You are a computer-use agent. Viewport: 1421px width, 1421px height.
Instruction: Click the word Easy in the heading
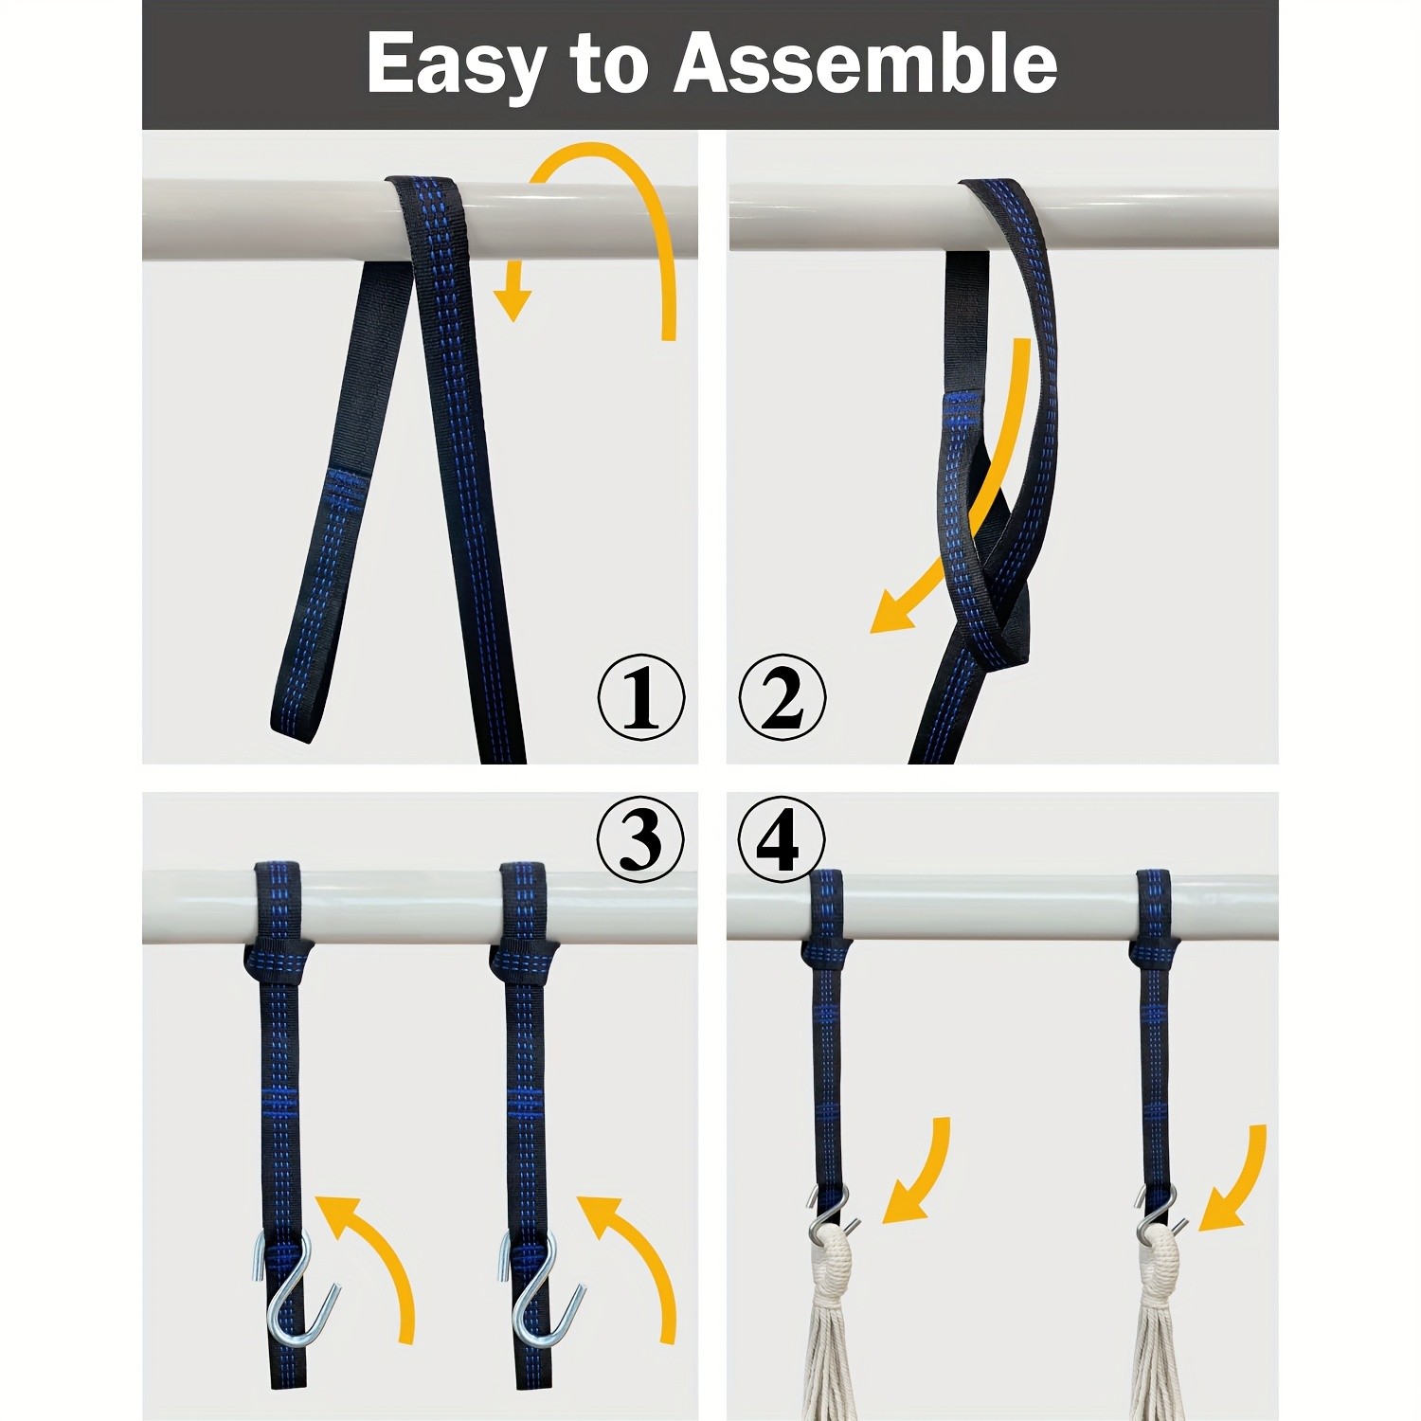456,63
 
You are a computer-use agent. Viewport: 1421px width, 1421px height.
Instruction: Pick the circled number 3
640,837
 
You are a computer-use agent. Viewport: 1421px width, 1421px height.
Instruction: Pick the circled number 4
782,837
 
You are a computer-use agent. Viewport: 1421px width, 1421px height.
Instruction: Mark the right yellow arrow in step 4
1236,1179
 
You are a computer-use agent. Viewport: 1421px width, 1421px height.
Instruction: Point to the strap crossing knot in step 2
985,606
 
